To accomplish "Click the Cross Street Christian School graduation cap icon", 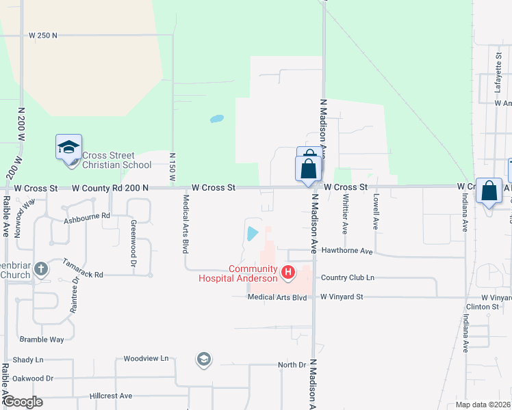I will pyautogui.click(x=68, y=147).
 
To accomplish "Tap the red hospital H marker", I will pyautogui.click(x=288, y=273).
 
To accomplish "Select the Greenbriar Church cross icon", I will pyautogui.click(x=41, y=269).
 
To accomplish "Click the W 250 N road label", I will pyautogui.click(x=44, y=34).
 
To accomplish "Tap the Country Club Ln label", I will pyautogui.click(x=348, y=277).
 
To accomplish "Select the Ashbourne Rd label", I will pyautogui.click(x=87, y=216).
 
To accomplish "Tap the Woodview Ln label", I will pyautogui.click(x=146, y=358).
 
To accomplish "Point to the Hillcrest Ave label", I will pyautogui.click(x=110, y=396).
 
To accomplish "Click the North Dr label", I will pyautogui.click(x=292, y=365).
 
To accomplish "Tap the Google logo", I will pyautogui.click(x=23, y=402).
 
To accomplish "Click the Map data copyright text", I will pyautogui.click(x=483, y=405).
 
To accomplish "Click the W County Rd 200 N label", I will pyautogui.click(x=110, y=187).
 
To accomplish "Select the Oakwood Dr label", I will pyautogui.click(x=32, y=378).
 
